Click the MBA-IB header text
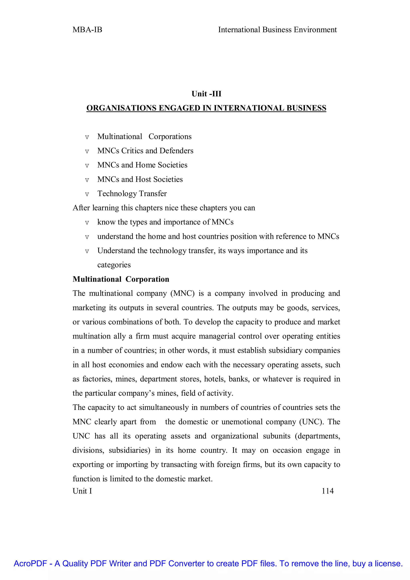87,30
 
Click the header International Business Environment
277,30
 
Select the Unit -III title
206,94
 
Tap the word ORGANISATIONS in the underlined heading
121,108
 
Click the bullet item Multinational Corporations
144,137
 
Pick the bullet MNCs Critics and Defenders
145,151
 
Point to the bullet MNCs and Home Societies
142,165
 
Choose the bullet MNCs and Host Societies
140,179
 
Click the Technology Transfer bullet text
132,193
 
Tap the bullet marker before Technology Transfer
87,194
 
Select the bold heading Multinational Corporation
121,279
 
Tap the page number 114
328,491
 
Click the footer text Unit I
82,491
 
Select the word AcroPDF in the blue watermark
30,564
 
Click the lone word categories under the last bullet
114,265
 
